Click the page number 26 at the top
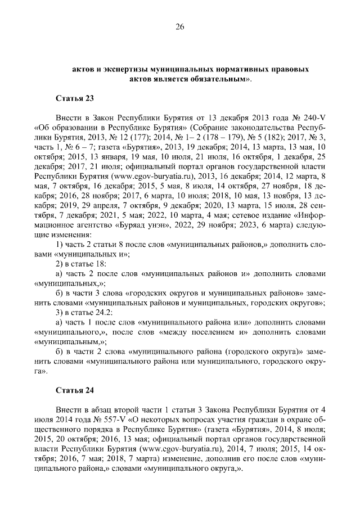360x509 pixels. [180, 26]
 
